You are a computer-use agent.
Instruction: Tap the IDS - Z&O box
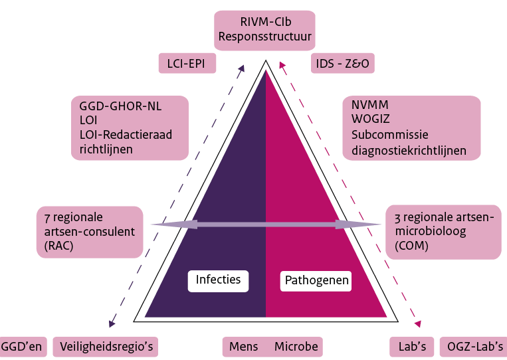click(x=342, y=64)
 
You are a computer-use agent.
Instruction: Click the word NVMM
click(x=370, y=105)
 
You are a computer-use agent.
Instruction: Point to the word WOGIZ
click(x=372, y=120)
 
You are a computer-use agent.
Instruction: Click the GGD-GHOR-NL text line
click(x=120, y=106)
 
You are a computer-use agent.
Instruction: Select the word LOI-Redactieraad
click(x=125, y=135)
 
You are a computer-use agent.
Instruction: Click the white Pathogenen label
click(x=317, y=281)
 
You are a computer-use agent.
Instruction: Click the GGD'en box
click(x=22, y=347)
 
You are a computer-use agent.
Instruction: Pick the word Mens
click(x=243, y=347)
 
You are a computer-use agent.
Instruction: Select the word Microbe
click(x=296, y=347)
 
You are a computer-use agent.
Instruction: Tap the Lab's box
click(x=411, y=347)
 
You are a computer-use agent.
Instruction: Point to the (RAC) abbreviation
click(x=60, y=246)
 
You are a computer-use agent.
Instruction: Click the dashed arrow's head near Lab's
click(x=419, y=323)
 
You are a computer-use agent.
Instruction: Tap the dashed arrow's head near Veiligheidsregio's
click(x=112, y=323)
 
